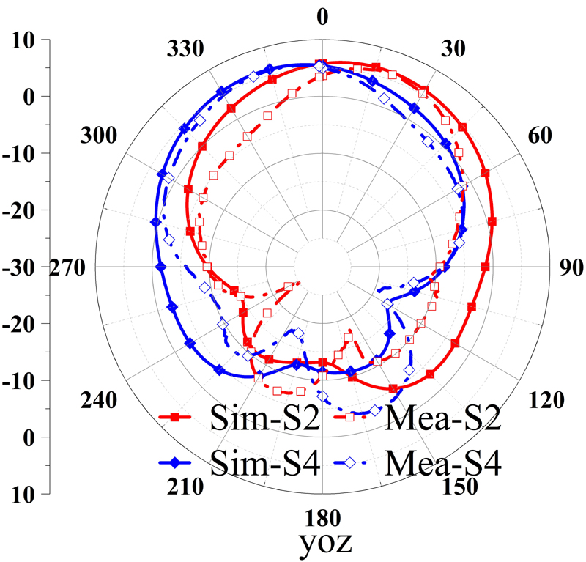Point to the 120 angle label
[x=546, y=400]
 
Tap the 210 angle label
[x=179, y=487]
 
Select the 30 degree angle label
[x=455, y=50]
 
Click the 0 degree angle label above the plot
[x=322, y=16]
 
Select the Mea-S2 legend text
[x=442, y=419]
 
